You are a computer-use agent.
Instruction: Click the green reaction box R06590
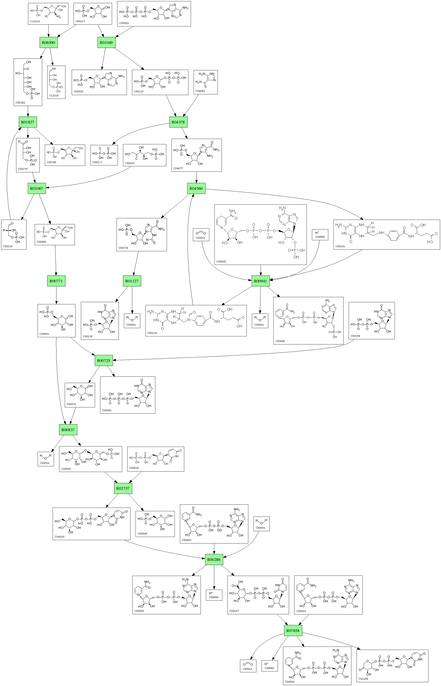point(48,43)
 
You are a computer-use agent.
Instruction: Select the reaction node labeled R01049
point(106,43)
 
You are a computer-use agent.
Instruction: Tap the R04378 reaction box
point(178,122)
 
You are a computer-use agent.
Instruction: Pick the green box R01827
point(28,122)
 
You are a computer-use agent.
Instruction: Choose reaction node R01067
point(37,188)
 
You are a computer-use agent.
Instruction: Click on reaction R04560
point(196,188)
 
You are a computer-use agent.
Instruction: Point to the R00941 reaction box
point(260,281)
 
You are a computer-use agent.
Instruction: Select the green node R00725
point(104,360)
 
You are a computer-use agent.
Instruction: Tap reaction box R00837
point(68,430)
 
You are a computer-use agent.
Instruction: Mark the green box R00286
point(214,559)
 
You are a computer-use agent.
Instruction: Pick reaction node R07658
point(293,630)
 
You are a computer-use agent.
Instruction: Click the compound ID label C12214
point(35,21)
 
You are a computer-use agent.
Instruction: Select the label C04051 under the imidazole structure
point(200,91)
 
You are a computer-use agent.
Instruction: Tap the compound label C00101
point(340,246)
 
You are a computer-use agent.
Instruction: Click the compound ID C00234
point(152,333)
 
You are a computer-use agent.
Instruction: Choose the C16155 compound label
point(363,679)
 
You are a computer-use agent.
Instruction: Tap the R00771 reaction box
point(56,281)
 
